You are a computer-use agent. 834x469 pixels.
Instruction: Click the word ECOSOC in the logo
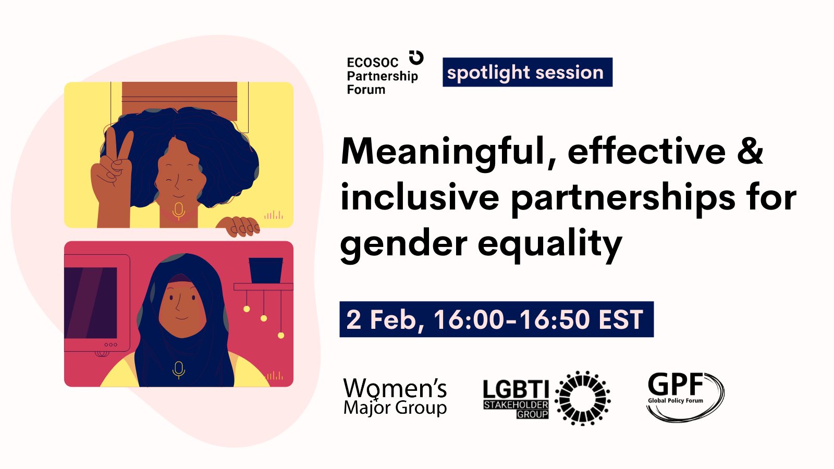click(x=373, y=63)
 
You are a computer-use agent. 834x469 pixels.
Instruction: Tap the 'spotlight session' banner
click(x=528, y=72)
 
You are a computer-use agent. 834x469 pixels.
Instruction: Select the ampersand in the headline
click(x=750, y=151)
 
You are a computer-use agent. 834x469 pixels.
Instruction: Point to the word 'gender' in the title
click(x=404, y=244)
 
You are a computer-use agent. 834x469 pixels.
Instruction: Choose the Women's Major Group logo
click(x=395, y=397)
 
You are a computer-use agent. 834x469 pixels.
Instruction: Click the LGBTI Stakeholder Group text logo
click(x=516, y=399)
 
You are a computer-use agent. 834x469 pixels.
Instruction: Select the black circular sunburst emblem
click(x=583, y=398)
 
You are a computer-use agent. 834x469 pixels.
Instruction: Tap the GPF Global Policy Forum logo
click(x=685, y=397)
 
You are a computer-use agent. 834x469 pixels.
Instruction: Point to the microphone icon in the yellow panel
click(x=178, y=211)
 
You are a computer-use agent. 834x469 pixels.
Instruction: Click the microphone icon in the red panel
click(x=179, y=369)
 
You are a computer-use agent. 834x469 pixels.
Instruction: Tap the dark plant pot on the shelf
click(x=266, y=270)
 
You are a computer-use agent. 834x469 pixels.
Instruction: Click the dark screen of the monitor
click(x=91, y=303)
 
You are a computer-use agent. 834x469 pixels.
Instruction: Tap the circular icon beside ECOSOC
click(x=416, y=58)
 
